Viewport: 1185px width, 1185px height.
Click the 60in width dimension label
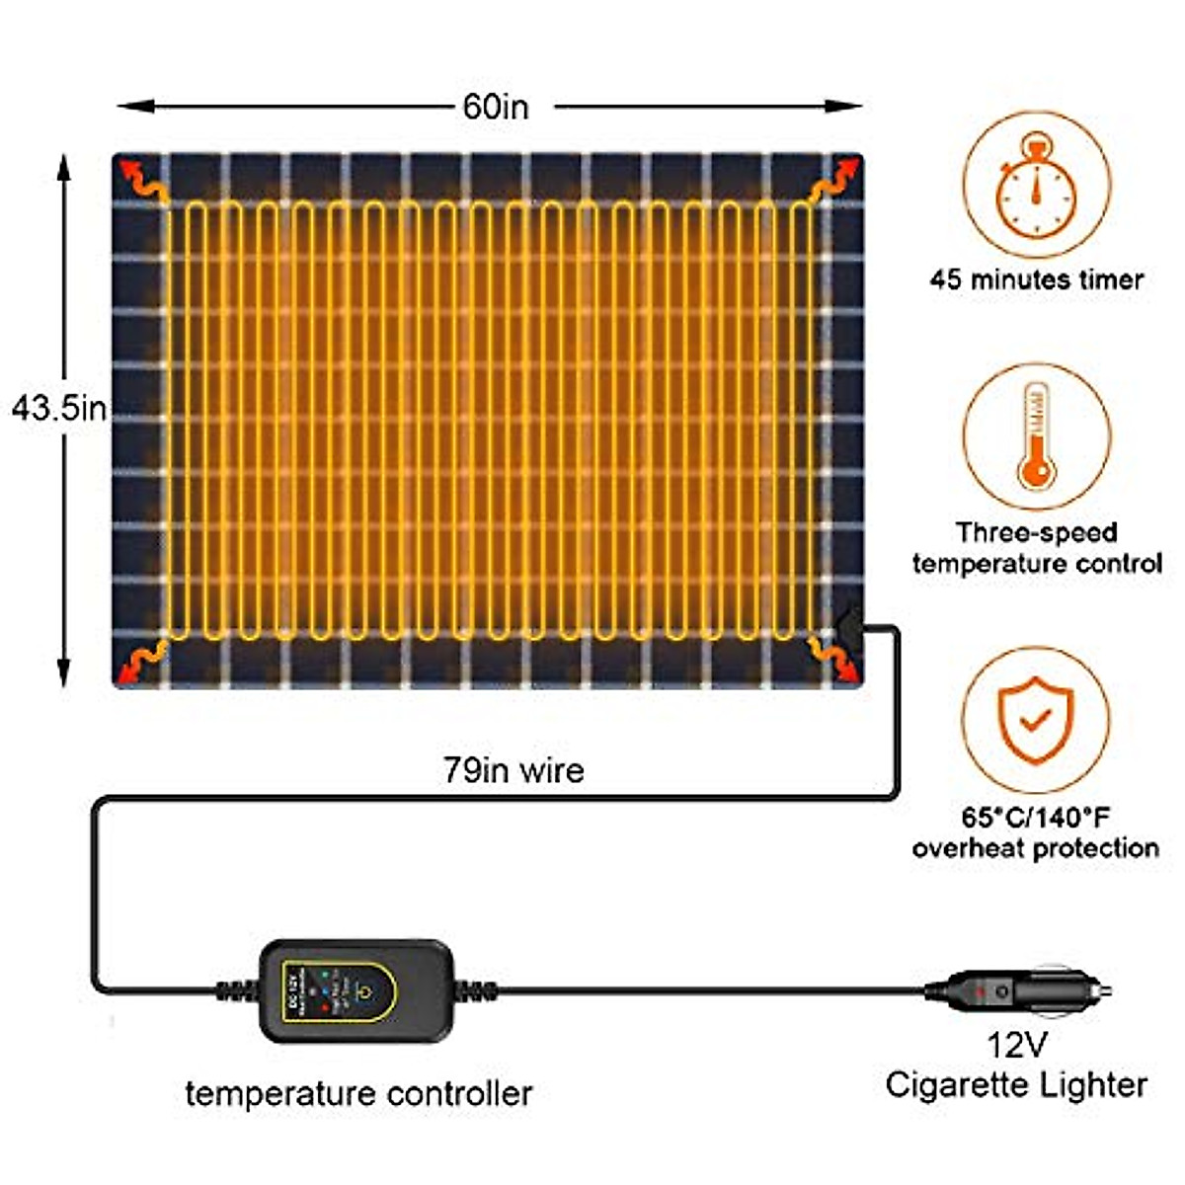click(x=496, y=107)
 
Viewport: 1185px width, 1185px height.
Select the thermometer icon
click(x=1036, y=434)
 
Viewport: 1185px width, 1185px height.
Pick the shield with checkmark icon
click(x=1035, y=719)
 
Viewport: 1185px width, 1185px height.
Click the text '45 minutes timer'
click(x=1036, y=279)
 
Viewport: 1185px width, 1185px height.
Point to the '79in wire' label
click(x=513, y=770)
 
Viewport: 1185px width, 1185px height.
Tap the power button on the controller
click(x=364, y=990)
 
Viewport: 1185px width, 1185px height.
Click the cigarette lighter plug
click(x=1027, y=989)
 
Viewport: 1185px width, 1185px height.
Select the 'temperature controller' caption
click(x=358, y=1093)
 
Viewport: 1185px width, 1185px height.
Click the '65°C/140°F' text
click(x=1035, y=818)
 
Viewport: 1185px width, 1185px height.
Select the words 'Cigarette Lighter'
click(x=1016, y=1084)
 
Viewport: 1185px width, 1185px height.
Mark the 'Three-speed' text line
click(x=1036, y=533)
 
